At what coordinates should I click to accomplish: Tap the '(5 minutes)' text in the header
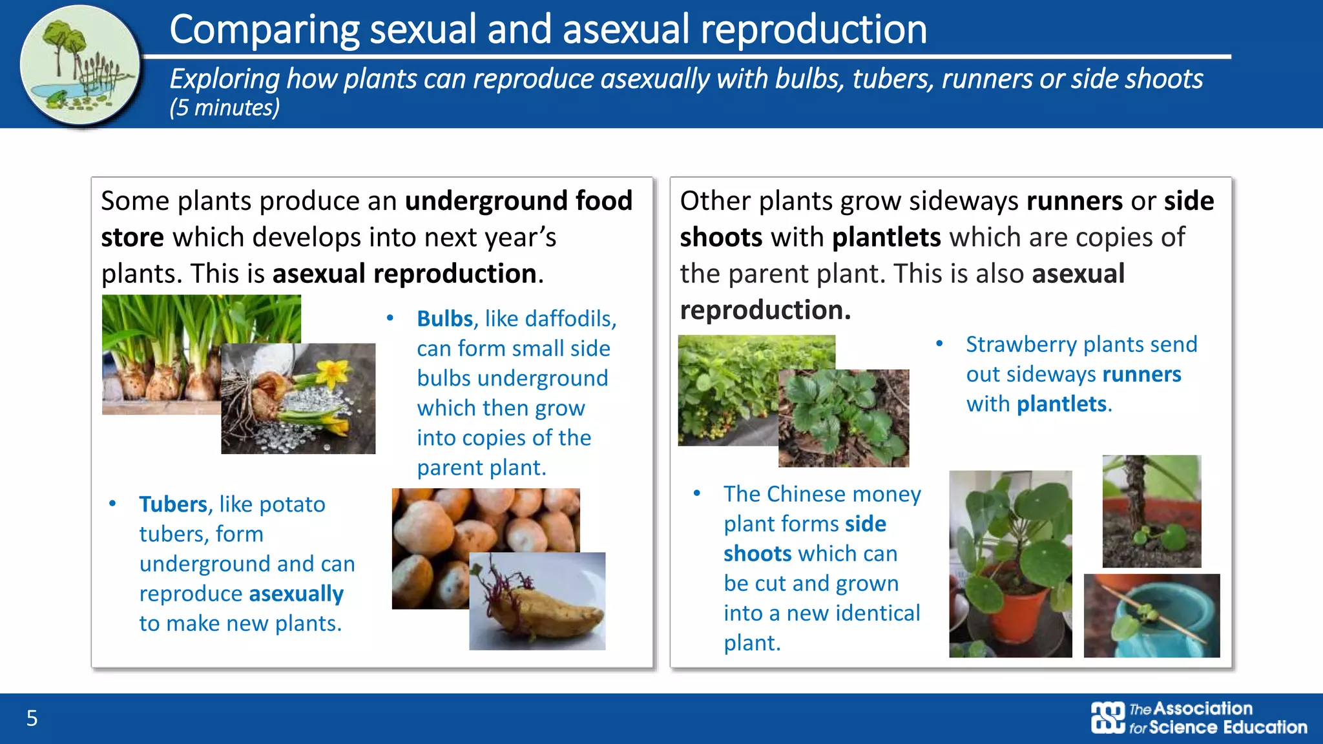click(x=224, y=108)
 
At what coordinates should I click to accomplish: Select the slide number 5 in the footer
click(x=32, y=718)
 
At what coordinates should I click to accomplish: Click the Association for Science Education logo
click(x=1199, y=718)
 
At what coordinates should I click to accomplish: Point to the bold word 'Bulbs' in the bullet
click(x=444, y=319)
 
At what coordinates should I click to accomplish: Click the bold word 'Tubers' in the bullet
click(x=172, y=504)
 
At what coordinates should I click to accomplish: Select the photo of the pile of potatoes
click(x=452, y=530)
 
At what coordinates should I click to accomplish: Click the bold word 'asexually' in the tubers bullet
click(x=296, y=594)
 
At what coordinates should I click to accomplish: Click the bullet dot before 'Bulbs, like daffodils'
click(x=390, y=318)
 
